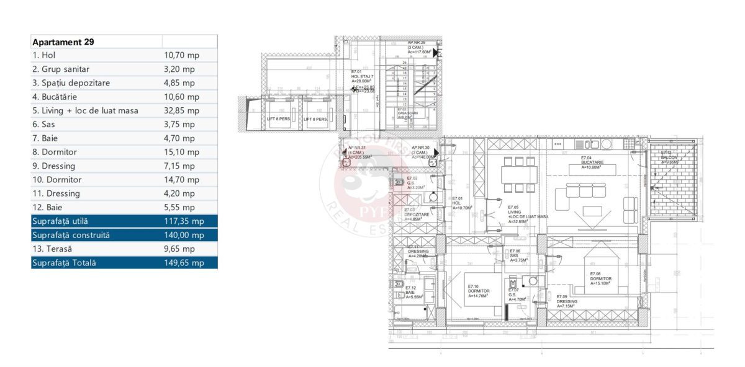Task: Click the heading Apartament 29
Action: click(63, 42)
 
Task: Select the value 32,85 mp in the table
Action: click(181, 111)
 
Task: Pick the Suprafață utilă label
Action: click(63, 221)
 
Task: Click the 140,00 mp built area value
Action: click(184, 235)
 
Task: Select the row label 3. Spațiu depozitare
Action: click(73, 83)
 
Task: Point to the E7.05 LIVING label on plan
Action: click(527, 214)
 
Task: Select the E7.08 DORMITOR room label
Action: click(600, 278)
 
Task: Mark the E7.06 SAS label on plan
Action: click(518, 255)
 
